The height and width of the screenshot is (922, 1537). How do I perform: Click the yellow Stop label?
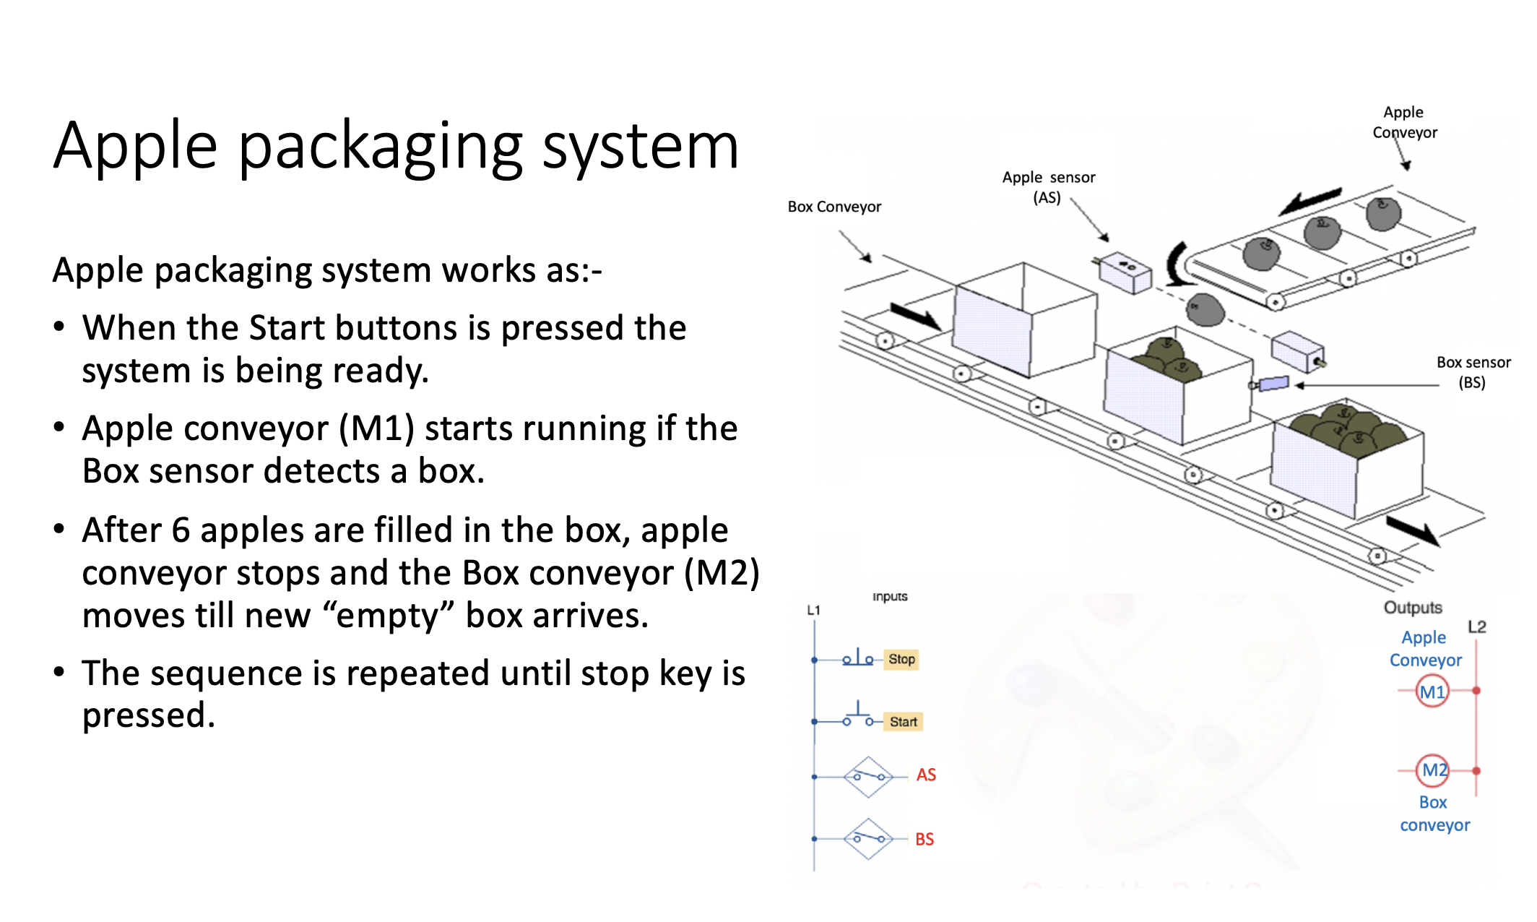tap(901, 659)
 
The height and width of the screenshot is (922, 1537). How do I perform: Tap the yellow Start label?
tap(903, 721)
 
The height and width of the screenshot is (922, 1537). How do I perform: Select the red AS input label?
tap(926, 775)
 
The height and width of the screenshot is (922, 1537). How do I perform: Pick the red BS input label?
tap(925, 839)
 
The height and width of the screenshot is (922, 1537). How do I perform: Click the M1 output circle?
tap(1432, 691)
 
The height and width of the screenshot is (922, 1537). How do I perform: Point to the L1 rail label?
tap(813, 610)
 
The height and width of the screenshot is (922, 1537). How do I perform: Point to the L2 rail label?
tap(1477, 626)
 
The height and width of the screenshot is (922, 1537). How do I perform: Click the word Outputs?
tap(1412, 608)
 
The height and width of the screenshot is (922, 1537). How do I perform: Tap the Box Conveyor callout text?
tap(834, 207)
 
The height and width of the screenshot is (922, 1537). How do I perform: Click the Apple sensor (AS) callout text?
tap(1048, 187)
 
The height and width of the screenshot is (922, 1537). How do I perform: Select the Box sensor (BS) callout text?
tap(1473, 372)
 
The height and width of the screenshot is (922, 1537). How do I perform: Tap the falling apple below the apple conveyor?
tap(1205, 309)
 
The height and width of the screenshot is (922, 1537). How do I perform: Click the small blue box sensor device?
tap(1273, 384)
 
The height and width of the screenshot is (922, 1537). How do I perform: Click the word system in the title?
tap(640, 146)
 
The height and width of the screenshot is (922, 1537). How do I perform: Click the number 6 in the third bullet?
tap(181, 530)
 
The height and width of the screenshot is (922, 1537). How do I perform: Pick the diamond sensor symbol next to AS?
tap(868, 777)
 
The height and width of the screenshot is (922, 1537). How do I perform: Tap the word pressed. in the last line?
tap(149, 715)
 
